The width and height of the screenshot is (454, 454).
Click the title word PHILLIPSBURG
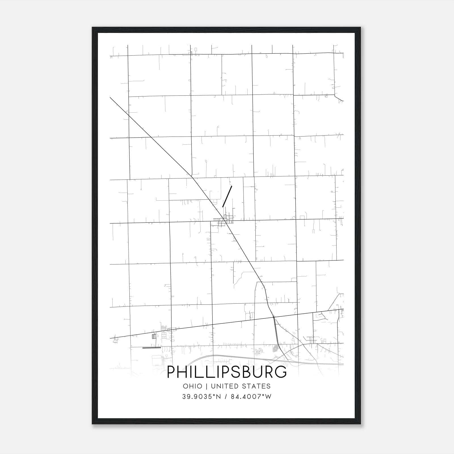point(227,372)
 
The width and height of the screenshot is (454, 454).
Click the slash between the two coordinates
point(226,397)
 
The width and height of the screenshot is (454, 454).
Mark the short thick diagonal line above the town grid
point(227,196)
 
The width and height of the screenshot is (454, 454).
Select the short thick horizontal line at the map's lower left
point(152,347)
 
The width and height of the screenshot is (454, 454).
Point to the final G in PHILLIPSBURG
point(280,372)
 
